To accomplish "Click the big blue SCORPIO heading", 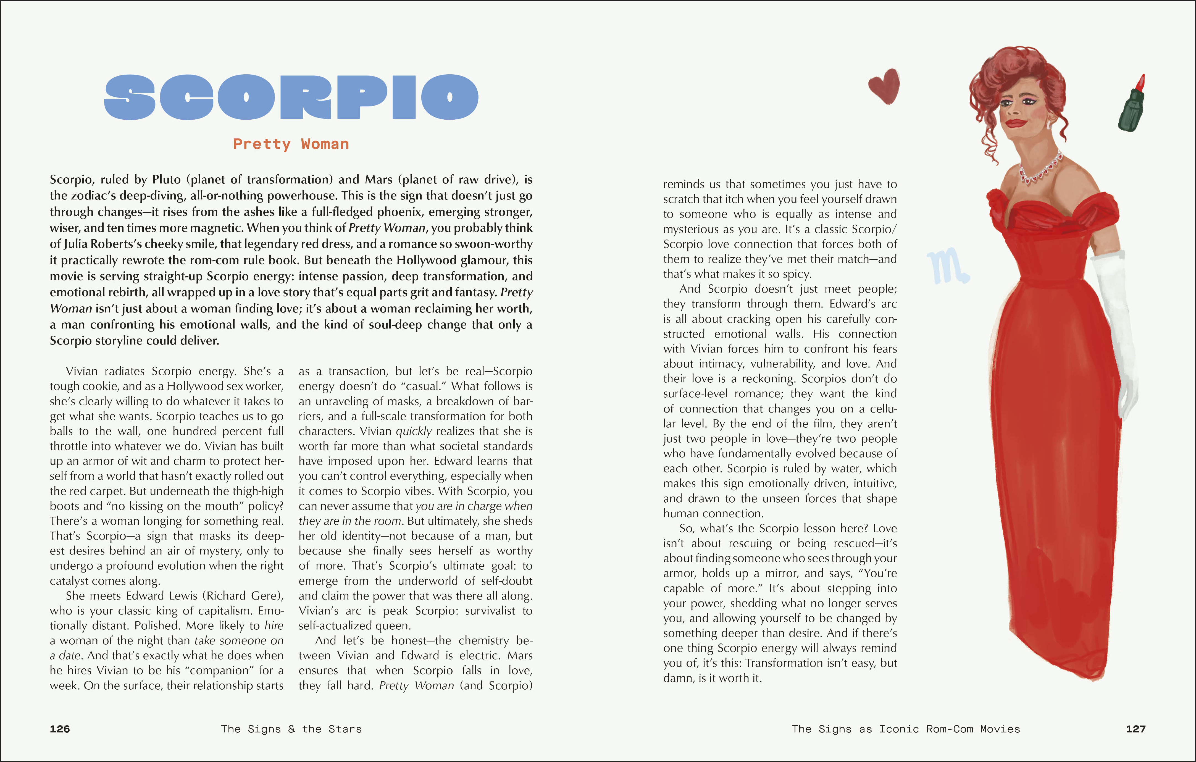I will (291, 97).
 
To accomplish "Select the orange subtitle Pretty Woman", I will (291, 144).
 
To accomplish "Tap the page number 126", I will (60, 729).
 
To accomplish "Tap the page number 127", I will (1135, 729).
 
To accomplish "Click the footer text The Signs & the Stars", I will (291, 729).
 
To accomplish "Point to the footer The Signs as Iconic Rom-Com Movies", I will (905, 729).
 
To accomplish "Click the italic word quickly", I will (413, 431).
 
